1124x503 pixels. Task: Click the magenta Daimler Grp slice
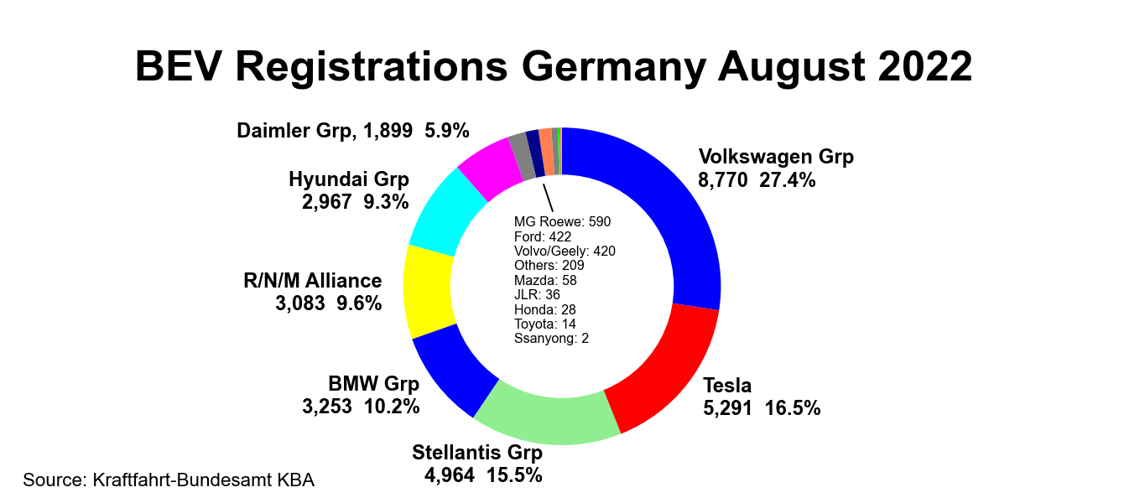click(491, 163)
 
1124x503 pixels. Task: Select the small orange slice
click(546, 152)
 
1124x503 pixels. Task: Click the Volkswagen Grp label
click(776, 157)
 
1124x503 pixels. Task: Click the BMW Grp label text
click(373, 384)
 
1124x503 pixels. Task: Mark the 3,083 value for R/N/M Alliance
click(299, 303)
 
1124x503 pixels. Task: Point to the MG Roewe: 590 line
click(562, 222)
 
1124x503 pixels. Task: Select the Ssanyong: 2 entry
click(550, 338)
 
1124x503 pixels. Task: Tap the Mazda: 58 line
click(544, 280)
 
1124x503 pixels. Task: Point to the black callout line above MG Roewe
click(548, 200)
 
